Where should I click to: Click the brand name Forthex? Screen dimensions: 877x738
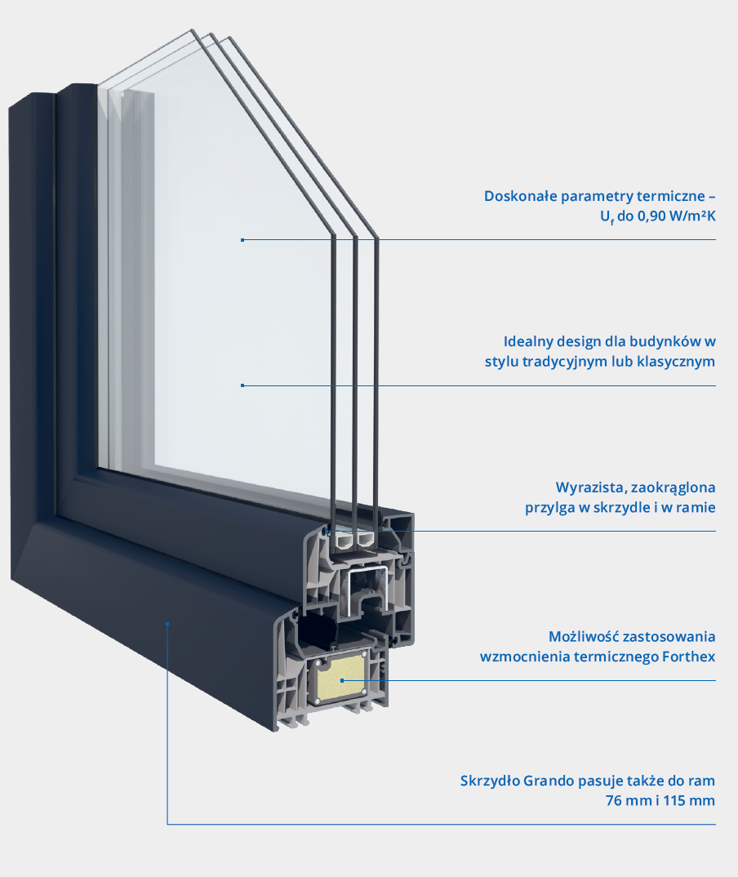coord(687,656)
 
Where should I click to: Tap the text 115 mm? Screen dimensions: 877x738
coord(691,800)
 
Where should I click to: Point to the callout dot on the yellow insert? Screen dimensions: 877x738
coord(343,680)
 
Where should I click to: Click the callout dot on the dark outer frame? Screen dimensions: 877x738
coord(167,624)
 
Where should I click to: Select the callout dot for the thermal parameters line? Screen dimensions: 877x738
coord(242,240)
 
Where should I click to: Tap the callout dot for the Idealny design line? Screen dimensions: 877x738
coord(242,385)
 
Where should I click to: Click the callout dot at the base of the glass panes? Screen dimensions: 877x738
coord(326,532)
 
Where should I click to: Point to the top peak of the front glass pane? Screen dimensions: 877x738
coord(193,30)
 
